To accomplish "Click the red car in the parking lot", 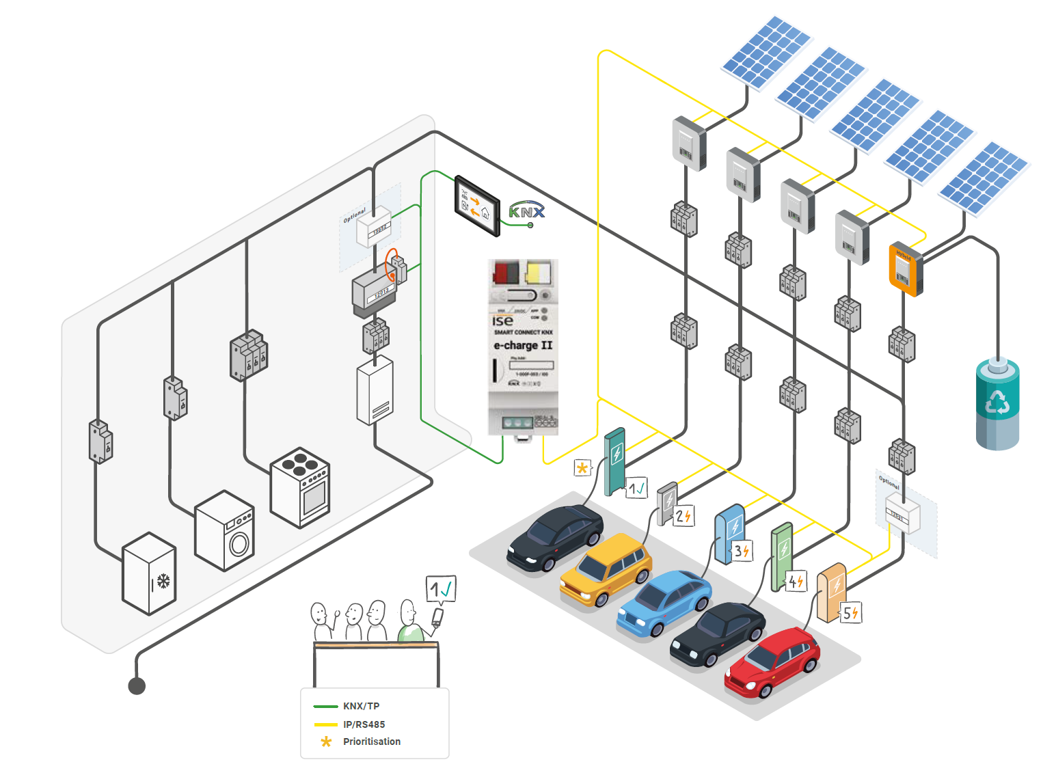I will click(x=772, y=663).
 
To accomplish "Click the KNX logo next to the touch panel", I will click(x=526, y=211).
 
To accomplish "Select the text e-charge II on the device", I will click(x=523, y=345).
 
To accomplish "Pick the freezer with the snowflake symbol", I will click(x=149, y=573).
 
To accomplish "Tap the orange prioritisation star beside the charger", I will click(x=582, y=468).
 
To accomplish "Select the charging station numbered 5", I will click(x=831, y=592).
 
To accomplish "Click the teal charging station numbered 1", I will click(x=615, y=461).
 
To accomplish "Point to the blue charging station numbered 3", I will click(x=729, y=534).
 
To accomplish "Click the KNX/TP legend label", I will click(x=361, y=706).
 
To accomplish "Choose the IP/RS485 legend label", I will click(x=364, y=724).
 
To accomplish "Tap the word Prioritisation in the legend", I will click(x=372, y=741).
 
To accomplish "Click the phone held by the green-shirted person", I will click(x=437, y=617).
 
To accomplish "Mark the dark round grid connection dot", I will click(x=137, y=685).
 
